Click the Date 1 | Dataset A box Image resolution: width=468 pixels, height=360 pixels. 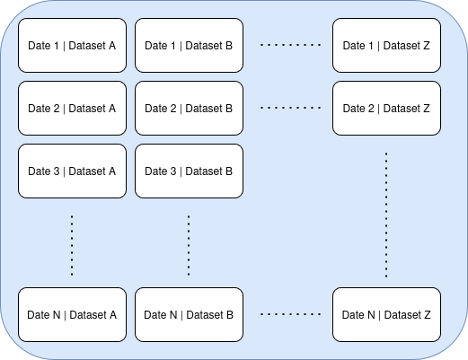click(x=72, y=45)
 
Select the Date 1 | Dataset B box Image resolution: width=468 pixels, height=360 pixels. click(x=189, y=45)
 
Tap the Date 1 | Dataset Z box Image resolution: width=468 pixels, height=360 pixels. click(x=386, y=45)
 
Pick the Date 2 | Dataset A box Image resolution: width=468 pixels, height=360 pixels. click(x=72, y=108)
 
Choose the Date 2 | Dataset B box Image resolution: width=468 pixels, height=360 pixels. click(x=189, y=108)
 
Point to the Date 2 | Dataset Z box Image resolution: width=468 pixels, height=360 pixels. click(x=386, y=108)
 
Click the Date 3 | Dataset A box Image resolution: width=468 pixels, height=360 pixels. click(x=72, y=171)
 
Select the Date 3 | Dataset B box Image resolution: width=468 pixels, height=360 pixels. click(x=189, y=171)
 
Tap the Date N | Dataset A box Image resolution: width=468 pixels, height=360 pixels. click(x=72, y=314)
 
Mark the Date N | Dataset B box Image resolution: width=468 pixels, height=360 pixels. click(x=189, y=314)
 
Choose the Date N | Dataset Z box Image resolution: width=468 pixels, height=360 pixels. click(x=386, y=314)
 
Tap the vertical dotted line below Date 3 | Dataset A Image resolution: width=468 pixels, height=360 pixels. click(x=72, y=244)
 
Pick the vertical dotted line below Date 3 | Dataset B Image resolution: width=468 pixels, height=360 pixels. click(x=189, y=244)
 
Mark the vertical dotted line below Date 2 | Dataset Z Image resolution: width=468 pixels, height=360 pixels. click(x=386, y=215)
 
